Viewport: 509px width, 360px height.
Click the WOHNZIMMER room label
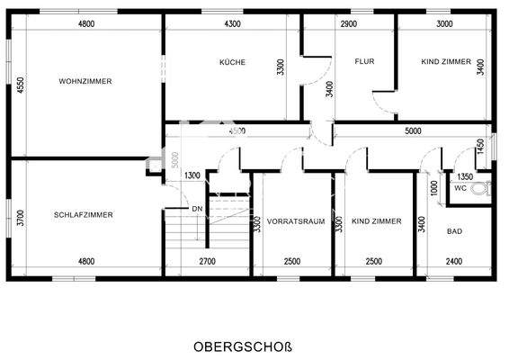[85, 81]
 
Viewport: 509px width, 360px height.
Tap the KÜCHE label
[232, 62]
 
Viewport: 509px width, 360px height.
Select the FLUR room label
[364, 62]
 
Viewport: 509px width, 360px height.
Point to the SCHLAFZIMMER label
[83, 215]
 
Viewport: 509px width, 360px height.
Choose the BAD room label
[454, 231]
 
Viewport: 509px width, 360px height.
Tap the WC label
[460, 189]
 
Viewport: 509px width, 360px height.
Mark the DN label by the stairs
[197, 209]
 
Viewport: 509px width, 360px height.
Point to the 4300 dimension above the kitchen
[232, 23]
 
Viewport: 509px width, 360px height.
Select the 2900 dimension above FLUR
[349, 23]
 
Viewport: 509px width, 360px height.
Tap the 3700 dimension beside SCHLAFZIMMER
[20, 216]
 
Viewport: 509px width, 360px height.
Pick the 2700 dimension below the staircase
[207, 262]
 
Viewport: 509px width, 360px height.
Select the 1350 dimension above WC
[465, 176]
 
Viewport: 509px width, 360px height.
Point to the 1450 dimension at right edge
[481, 145]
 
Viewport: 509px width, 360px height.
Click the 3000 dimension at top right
[443, 23]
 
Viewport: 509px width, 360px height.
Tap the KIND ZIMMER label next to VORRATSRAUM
[376, 220]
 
